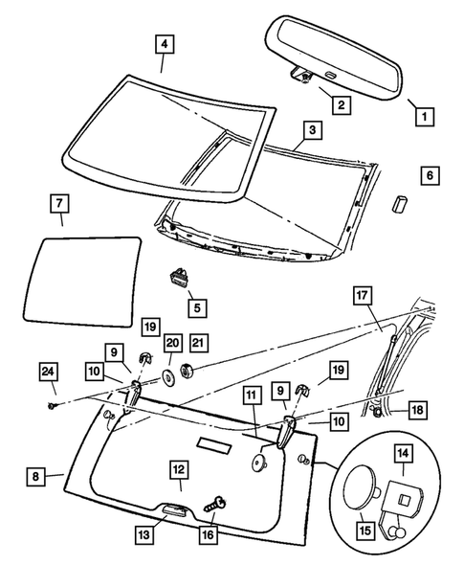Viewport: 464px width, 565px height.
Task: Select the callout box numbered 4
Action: pos(166,44)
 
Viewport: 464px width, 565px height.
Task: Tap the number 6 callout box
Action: pos(429,175)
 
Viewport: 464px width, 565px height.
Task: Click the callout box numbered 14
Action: pos(403,453)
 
